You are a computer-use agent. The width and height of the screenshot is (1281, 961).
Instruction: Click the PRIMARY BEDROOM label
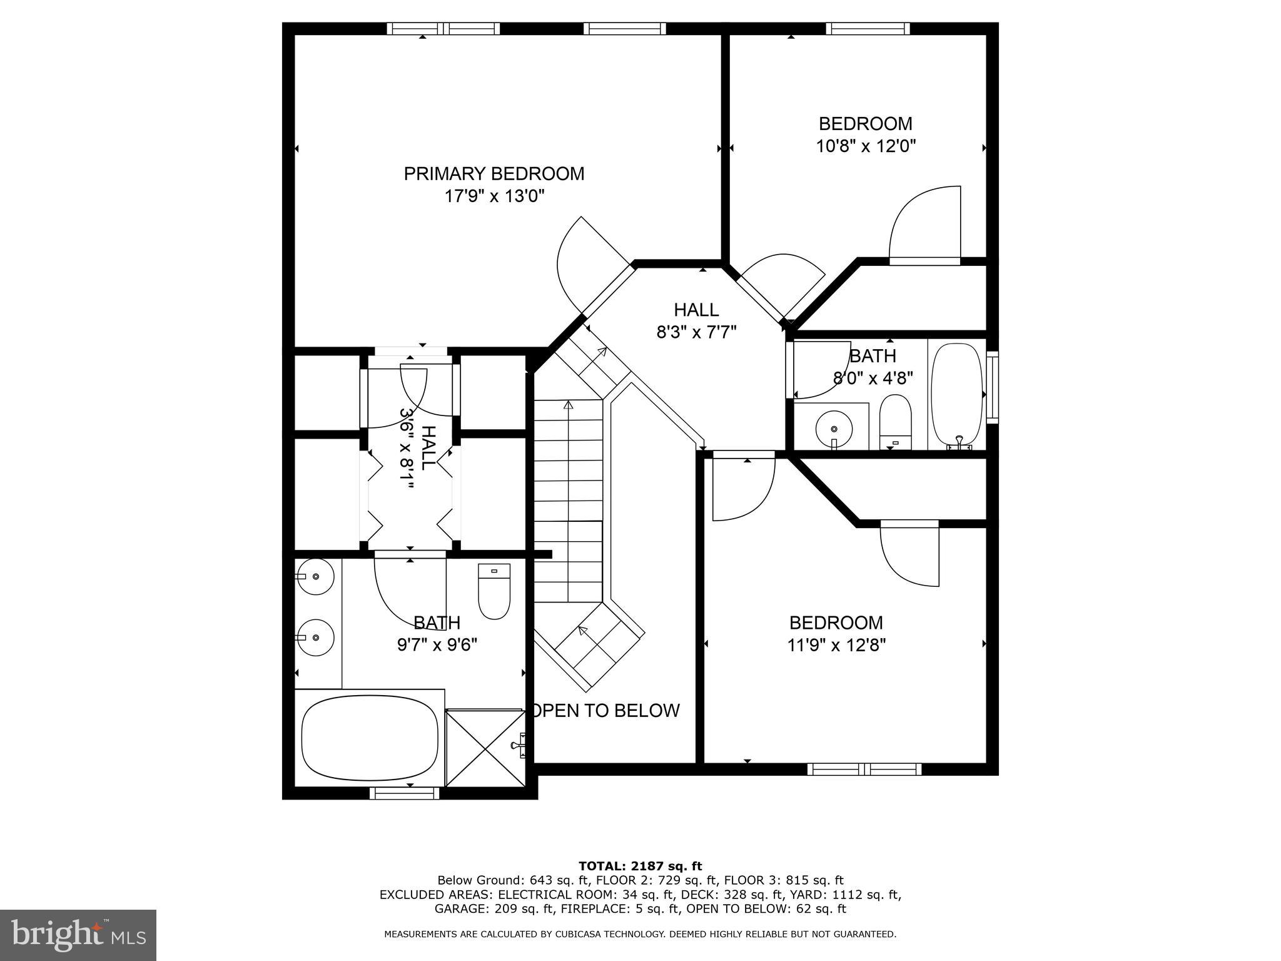pyautogui.click(x=494, y=173)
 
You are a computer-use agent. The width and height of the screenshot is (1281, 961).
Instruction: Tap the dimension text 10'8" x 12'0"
pyautogui.click(x=866, y=146)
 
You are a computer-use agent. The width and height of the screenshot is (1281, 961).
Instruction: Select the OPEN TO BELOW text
pyautogui.click(x=605, y=710)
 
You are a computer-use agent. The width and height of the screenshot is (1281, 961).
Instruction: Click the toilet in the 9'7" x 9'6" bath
pyautogui.click(x=494, y=591)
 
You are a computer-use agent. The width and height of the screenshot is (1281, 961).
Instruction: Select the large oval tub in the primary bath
pyautogui.click(x=370, y=738)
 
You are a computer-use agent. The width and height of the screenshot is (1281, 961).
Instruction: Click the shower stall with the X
pyautogui.click(x=485, y=748)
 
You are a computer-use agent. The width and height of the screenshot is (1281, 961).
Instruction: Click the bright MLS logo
pyautogui.click(x=78, y=935)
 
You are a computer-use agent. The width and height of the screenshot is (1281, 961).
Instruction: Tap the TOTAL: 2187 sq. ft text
pyautogui.click(x=640, y=866)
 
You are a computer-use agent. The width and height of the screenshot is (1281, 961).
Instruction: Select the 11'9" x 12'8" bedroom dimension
pyautogui.click(x=836, y=645)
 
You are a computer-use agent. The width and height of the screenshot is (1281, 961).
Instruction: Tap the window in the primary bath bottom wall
pyautogui.click(x=405, y=793)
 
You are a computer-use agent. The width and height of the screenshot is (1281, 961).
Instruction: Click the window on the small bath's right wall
pyautogui.click(x=992, y=387)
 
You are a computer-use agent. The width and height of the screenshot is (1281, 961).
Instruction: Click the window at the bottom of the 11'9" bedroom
pyautogui.click(x=864, y=770)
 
